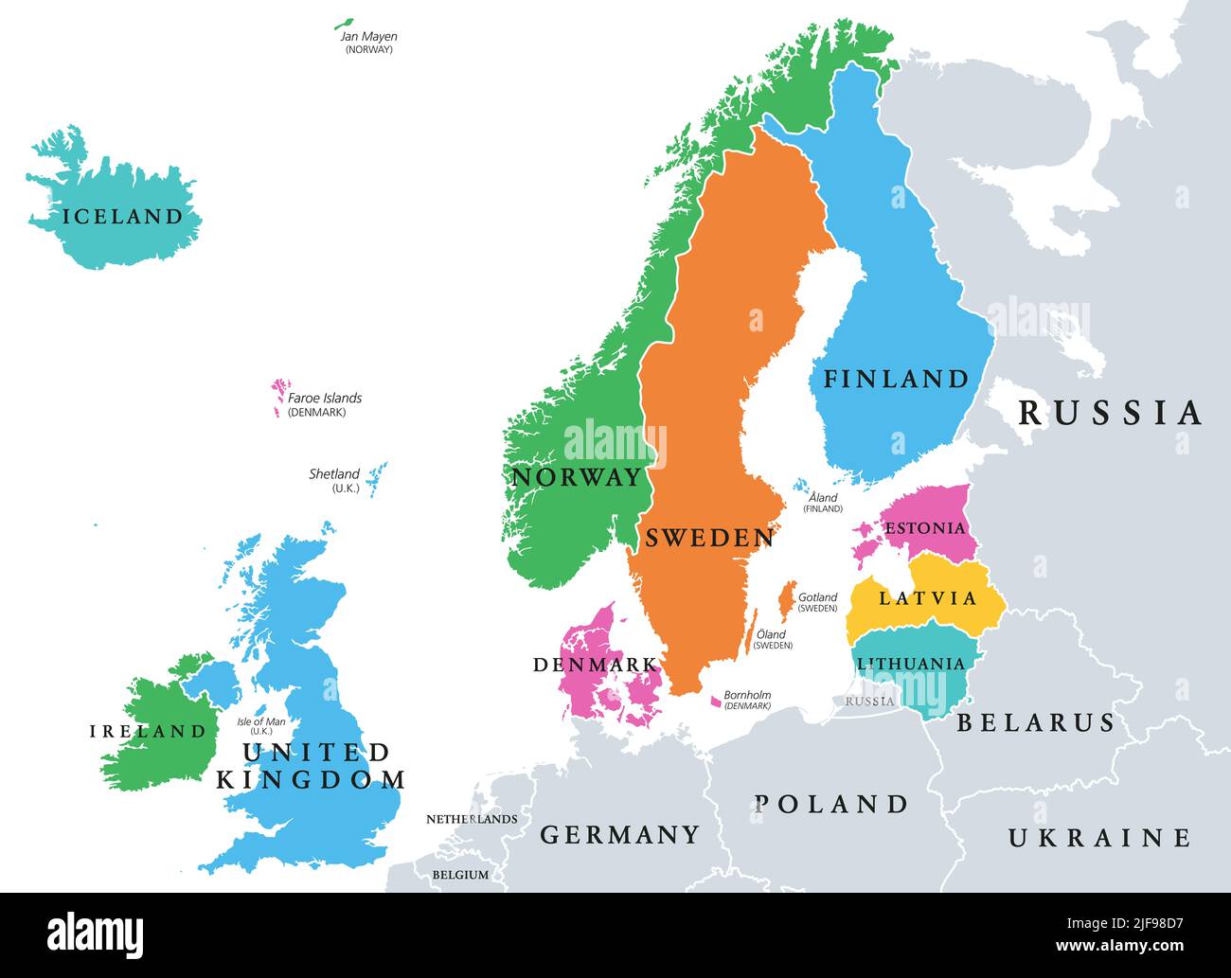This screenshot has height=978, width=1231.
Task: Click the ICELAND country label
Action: coord(122,217)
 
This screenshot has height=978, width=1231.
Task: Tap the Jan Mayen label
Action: coord(368,37)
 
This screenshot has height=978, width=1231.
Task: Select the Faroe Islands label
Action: coord(325,399)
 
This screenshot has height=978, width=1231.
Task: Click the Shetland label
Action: coord(334,474)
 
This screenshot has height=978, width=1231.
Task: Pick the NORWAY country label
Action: coord(577,477)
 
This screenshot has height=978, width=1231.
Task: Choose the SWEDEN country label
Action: coord(709,538)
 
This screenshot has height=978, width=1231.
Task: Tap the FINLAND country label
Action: coord(896,379)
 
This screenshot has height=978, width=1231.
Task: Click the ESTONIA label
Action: coord(924,528)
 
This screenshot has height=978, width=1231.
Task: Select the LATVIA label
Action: coord(927,597)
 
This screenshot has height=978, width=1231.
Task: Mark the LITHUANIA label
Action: coord(910,664)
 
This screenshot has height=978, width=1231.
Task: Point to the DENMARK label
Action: coord(595,665)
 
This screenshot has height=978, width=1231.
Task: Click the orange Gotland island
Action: coord(785,598)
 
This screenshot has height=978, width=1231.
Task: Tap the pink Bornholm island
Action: coord(716,702)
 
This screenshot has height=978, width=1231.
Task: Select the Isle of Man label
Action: coord(261,722)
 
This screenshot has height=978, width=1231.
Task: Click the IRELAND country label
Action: coord(148,731)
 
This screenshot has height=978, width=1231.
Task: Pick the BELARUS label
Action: coord(1036,723)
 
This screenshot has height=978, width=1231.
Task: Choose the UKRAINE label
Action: coord(1098,838)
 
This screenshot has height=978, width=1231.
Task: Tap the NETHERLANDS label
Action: coord(472,819)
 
